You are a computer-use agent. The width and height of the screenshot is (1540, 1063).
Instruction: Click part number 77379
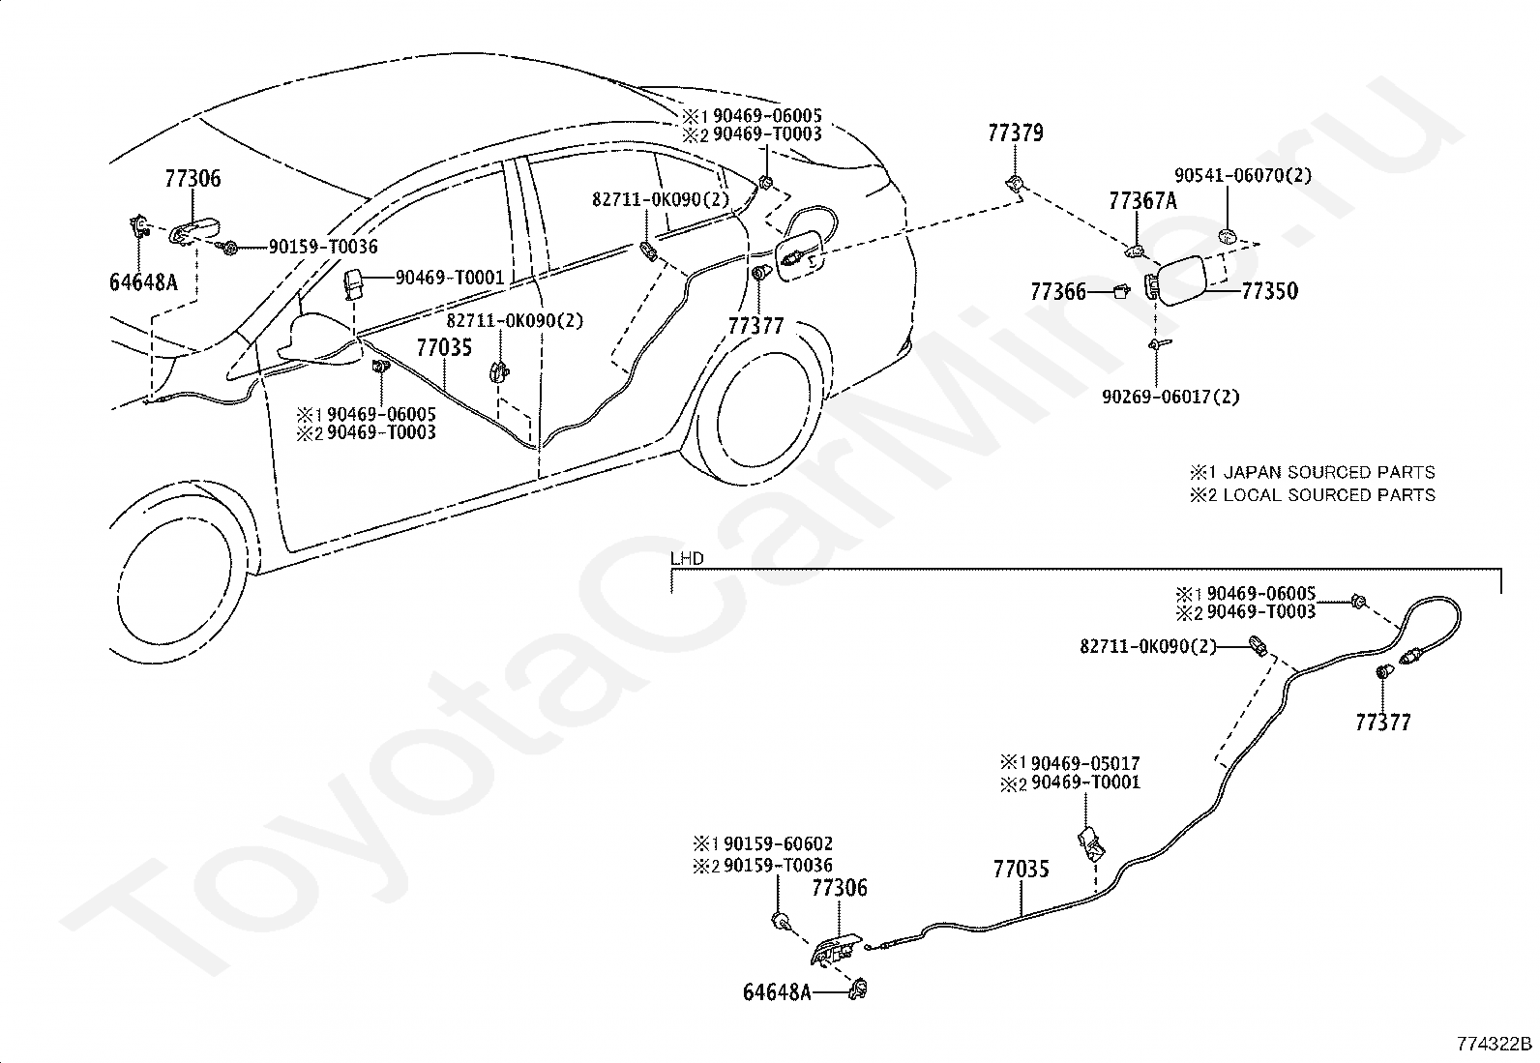pos(1015,133)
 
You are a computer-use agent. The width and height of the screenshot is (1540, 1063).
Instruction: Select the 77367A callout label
pos(1142,201)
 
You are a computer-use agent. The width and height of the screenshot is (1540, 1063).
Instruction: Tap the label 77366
pos(1057,292)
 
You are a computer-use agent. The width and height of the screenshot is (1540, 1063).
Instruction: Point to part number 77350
pos(1270,291)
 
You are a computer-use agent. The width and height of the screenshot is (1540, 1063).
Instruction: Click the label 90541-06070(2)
pos(1243,175)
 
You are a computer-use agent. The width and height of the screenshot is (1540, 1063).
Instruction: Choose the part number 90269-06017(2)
pos(1170,397)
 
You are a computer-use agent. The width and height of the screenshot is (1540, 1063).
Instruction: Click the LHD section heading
pos(687,558)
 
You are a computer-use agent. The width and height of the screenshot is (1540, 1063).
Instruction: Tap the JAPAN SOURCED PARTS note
pos(1321,472)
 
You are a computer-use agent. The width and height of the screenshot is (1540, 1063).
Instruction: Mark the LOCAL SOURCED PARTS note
pos(1329,495)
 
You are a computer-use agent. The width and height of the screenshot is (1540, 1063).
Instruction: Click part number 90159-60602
pos(779,843)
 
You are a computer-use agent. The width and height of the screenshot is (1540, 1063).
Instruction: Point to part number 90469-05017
pos(1085,763)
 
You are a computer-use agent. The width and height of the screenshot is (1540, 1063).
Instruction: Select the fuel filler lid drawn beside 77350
pos(1180,281)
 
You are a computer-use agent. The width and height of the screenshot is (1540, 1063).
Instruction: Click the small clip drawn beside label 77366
pos(1121,291)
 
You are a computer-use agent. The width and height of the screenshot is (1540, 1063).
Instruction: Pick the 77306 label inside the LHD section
pos(840,888)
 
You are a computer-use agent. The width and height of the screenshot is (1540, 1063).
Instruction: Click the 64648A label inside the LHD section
pos(777,992)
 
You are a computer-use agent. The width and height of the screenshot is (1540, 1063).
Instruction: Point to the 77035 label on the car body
pos(444,348)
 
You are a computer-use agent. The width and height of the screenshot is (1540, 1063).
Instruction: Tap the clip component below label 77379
pos(1015,184)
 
